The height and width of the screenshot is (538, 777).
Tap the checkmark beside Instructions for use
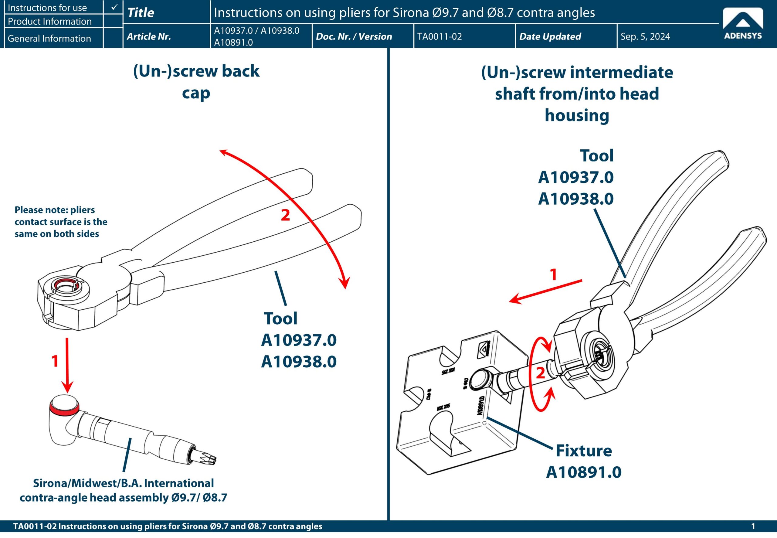coord(114,7)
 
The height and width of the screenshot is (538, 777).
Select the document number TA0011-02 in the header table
coord(439,36)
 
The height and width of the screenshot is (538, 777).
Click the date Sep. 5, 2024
coord(645,36)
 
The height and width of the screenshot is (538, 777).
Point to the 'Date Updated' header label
coord(550,36)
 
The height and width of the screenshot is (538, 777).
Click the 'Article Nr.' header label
coord(149,36)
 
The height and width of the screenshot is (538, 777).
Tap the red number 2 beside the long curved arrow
coord(285,215)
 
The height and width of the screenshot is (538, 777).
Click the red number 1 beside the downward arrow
coord(55,361)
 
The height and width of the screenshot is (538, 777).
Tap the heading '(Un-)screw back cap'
coord(196,82)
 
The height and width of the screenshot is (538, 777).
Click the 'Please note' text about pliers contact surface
coord(61,222)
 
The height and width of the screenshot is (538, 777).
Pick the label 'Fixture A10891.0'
coord(584,461)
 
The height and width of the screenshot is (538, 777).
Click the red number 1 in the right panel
coord(553,275)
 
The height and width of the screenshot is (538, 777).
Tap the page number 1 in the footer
coord(753,526)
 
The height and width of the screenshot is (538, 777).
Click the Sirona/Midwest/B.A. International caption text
coord(123,490)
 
